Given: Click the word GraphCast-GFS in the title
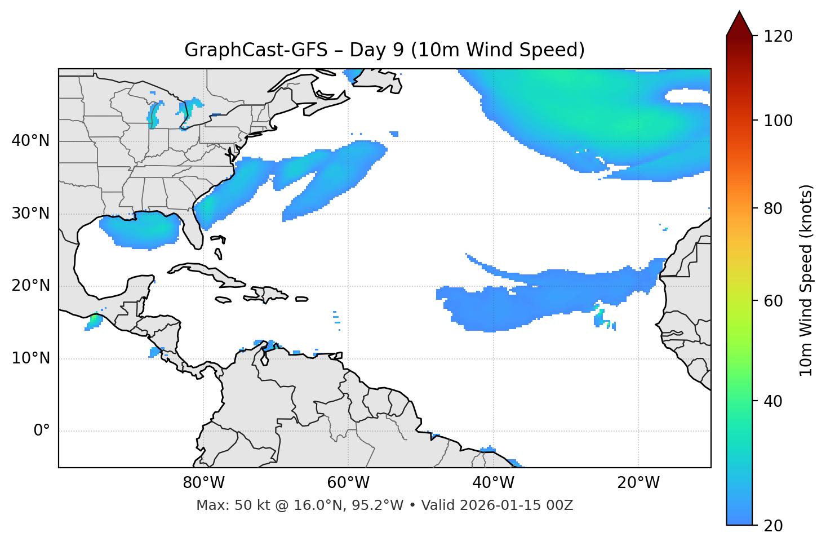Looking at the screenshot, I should [256, 50].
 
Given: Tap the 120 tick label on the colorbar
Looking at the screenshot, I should [778, 37].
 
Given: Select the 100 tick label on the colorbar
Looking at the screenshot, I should [778, 121].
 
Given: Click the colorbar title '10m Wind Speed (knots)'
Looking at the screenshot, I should [806, 280].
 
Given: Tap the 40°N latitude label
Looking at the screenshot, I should [30, 141].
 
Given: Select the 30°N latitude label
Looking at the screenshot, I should [30, 214].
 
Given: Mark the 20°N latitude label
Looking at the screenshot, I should [30, 286].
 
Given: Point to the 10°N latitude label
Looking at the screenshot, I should [30, 358].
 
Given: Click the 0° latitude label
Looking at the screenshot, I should [41, 431].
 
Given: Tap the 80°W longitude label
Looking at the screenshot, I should [203, 483].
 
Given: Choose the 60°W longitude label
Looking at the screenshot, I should [348, 483].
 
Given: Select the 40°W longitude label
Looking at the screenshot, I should [493, 483].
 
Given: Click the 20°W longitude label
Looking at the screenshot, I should [638, 483].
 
